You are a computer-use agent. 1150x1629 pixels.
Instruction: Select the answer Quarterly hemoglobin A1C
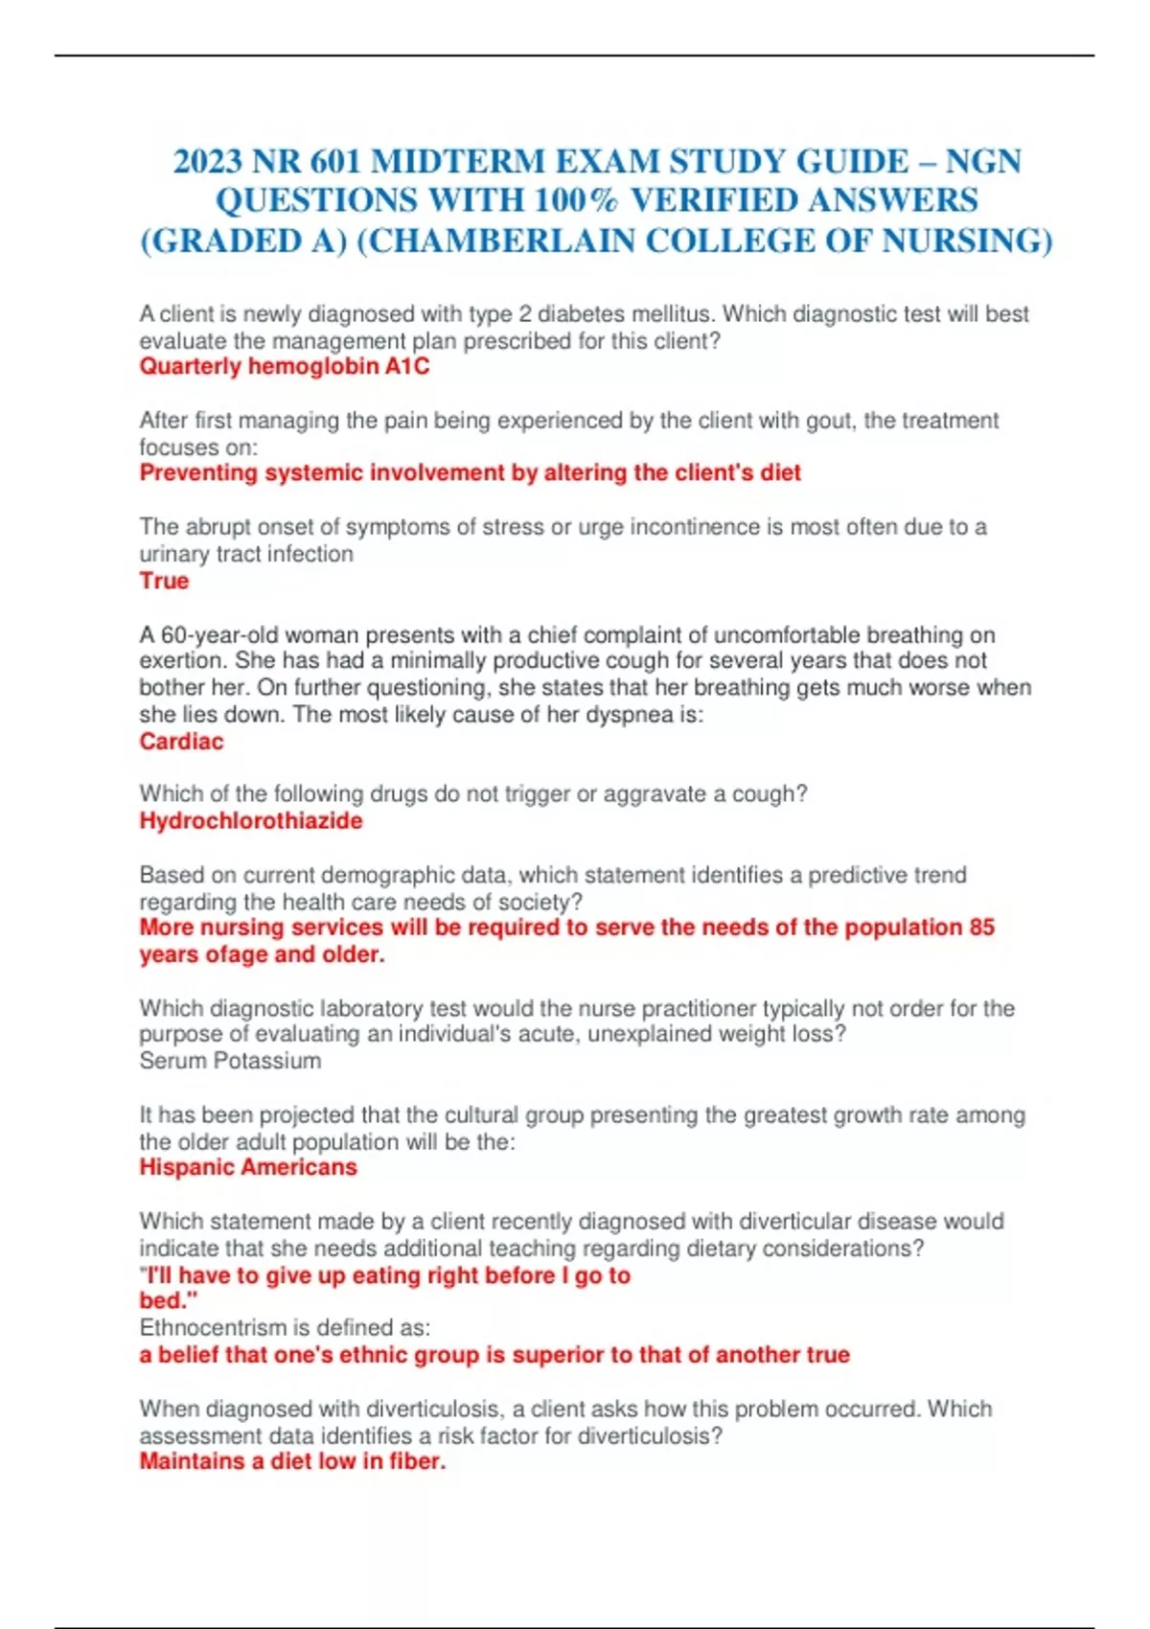point(285,367)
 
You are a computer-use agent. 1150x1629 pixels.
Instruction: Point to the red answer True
point(164,581)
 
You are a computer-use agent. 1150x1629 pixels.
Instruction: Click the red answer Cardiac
point(181,742)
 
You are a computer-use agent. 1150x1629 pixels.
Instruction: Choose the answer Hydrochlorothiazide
point(251,821)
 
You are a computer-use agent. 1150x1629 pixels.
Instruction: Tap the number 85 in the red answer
point(981,928)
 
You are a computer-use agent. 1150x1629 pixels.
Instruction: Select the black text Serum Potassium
point(230,1061)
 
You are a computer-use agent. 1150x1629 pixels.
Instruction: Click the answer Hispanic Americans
point(248,1167)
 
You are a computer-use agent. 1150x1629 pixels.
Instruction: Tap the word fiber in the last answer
point(417,1461)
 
